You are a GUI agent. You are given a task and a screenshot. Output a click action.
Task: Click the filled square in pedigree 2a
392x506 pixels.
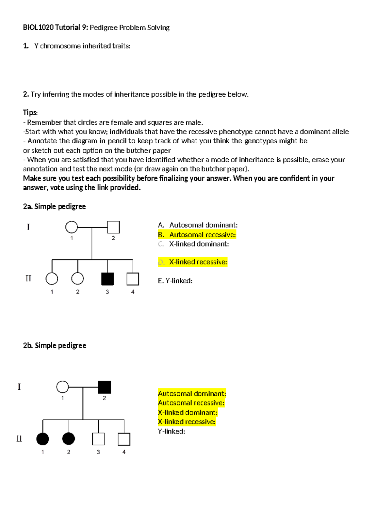[107, 279]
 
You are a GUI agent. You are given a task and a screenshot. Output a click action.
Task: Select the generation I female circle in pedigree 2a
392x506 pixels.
[72, 227]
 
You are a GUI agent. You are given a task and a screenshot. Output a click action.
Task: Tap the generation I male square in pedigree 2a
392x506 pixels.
[113, 227]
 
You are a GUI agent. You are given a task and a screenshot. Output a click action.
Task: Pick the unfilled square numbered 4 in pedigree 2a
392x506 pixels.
[133, 279]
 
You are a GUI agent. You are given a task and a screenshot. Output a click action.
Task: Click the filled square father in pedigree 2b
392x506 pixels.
[105, 387]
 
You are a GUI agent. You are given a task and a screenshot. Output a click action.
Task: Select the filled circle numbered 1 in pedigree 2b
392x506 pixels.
[42, 439]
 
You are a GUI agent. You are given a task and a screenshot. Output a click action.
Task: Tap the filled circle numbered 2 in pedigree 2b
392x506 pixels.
[69, 439]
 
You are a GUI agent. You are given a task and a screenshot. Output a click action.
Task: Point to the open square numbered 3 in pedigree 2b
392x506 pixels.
[98, 439]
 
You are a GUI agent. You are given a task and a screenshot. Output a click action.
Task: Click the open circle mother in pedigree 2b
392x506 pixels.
[62, 387]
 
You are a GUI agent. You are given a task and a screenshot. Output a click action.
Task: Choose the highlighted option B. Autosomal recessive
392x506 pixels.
[197, 235]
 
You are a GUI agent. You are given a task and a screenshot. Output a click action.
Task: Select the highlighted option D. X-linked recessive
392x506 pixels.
[193, 262]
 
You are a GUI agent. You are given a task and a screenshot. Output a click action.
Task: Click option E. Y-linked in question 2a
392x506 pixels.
[175, 281]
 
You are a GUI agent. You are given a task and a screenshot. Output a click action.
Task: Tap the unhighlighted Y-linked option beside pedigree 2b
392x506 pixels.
[171, 431]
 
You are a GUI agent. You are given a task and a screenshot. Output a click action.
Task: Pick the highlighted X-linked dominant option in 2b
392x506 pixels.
[188, 412]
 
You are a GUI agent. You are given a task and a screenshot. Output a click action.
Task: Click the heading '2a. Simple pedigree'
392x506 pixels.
[55, 206]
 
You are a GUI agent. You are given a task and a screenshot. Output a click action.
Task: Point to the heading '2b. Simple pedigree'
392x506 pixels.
[55, 345]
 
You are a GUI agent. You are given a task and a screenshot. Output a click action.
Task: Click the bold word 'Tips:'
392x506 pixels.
[30, 113]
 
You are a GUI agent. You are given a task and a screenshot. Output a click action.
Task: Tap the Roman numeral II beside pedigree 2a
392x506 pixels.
[28, 278]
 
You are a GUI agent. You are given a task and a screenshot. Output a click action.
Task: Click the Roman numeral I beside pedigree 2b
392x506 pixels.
[19, 387]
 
